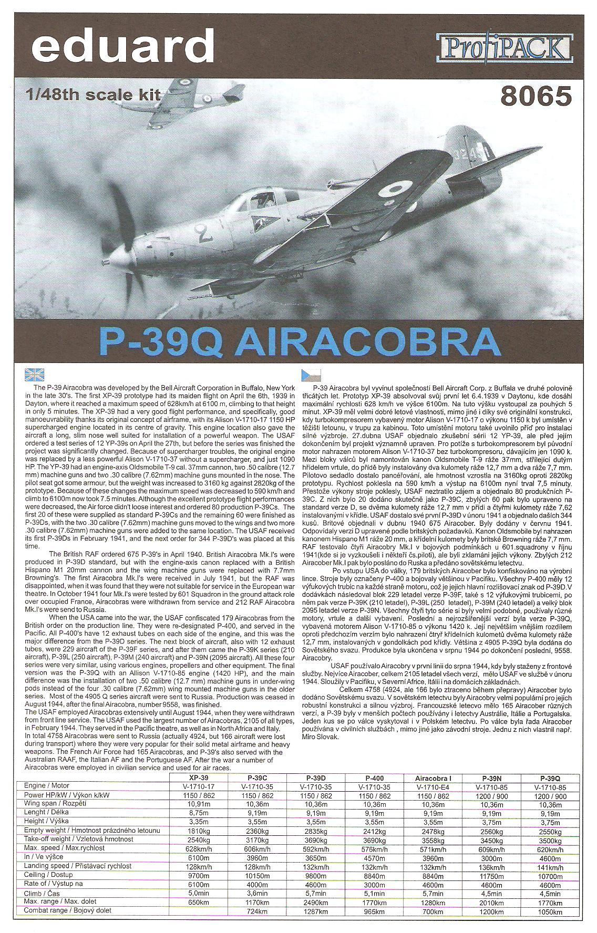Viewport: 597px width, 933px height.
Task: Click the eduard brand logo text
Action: (x=122, y=46)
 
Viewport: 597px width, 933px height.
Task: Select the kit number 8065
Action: (x=536, y=96)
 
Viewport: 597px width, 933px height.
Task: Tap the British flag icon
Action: (x=35, y=375)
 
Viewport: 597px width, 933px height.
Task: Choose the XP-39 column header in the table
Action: (x=195, y=777)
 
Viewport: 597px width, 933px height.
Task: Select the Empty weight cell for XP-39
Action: (x=195, y=831)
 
